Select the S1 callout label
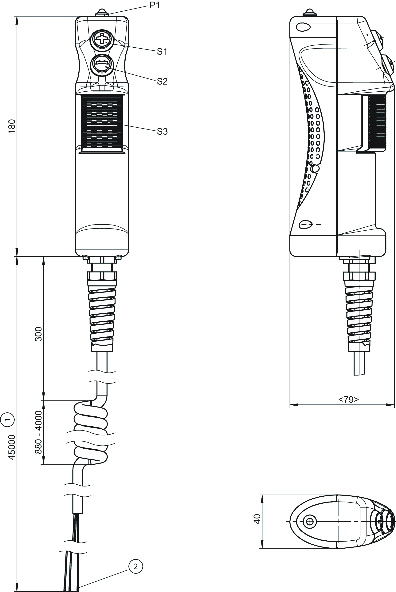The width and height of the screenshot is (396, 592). (x=162, y=52)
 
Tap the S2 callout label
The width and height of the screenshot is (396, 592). (x=162, y=81)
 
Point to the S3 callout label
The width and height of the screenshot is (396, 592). (x=162, y=132)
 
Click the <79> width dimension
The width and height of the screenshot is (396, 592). (x=348, y=399)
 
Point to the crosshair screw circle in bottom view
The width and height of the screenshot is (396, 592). (x=310, y=521)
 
